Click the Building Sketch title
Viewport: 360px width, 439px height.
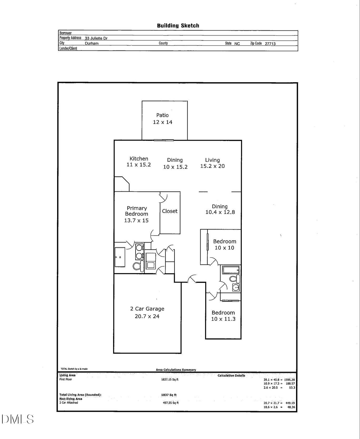(178, 26)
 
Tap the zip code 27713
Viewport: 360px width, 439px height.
(270, 44)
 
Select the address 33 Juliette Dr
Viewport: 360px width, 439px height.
(96, 38)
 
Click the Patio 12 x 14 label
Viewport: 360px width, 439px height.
(163, 119)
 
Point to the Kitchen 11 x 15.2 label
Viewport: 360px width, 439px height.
(139, 162)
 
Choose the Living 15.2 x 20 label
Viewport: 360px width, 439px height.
(212, 163)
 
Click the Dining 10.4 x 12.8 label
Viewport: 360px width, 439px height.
(220, 210)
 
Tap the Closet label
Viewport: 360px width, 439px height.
(170, 211)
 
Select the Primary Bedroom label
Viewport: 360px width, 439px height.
(136, 214)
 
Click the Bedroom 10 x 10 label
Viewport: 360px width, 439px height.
(224, 244)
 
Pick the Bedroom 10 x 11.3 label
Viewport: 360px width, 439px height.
(223, 316)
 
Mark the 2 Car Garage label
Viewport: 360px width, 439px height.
(147, 313)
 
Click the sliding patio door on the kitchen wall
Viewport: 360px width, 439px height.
(164, 140)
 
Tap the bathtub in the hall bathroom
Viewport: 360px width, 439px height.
(231, 270)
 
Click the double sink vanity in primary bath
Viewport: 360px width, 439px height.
(139, 252)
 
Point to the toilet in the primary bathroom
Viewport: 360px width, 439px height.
(138, 266)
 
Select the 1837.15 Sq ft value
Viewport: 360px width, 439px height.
(170, 380)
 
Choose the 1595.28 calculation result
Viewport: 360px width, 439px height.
(289, 380)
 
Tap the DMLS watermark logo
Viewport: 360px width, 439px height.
(17, 419)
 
